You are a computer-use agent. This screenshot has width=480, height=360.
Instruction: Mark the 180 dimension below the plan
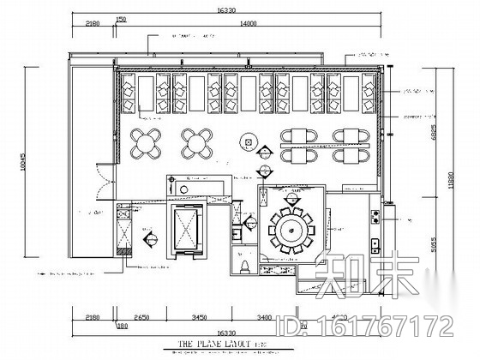pyautogui.click(x=121, y=326)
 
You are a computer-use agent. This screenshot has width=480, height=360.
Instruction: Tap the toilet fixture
pyautogui.click(x=245, y=267)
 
